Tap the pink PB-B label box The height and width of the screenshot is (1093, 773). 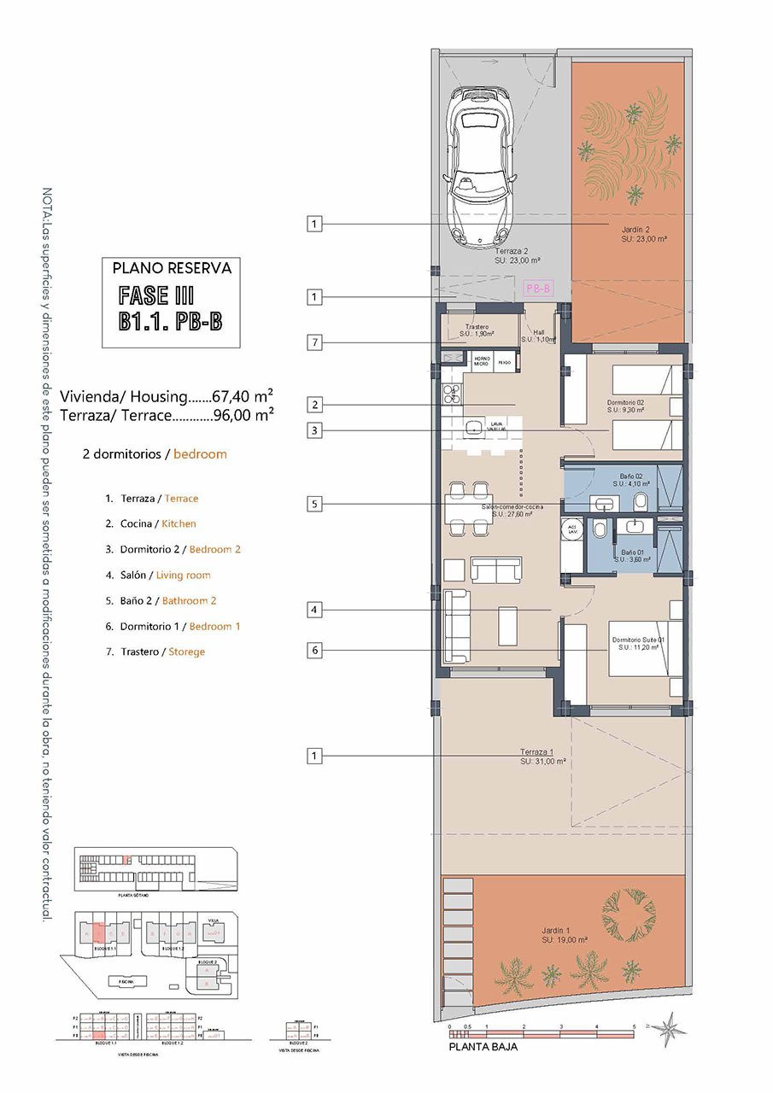(x=538, y=288)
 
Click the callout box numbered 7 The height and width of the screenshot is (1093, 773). (x=315, y=343)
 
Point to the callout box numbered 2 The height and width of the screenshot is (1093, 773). (x=315, y=405)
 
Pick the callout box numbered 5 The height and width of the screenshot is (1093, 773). (x=315, y=505)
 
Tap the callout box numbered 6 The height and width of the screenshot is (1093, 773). (x=315, y=651)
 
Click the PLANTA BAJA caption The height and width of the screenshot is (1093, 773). (x=483, y=1046)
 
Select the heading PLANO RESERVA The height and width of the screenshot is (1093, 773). (x=172, y=268)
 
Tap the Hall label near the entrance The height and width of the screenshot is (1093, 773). (x=538, y=333)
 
